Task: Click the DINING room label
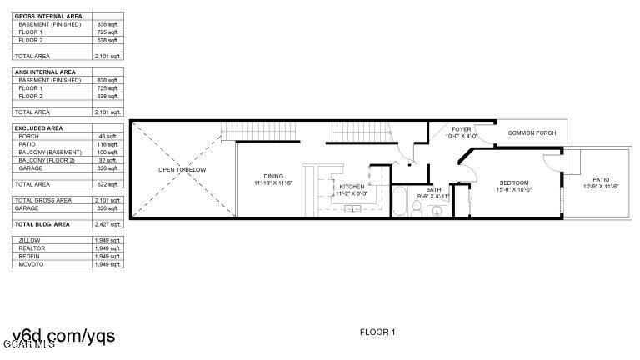click(273, 176)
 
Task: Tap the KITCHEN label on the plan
click(352, 186)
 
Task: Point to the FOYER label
click(462, 129)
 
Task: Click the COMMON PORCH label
click(532, 132)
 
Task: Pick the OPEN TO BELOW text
click(182, 169)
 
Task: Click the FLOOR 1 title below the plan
click(377, 332)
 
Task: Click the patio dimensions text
click(601, 186)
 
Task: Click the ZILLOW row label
click(30, 240)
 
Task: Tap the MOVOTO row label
click(31, 264)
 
